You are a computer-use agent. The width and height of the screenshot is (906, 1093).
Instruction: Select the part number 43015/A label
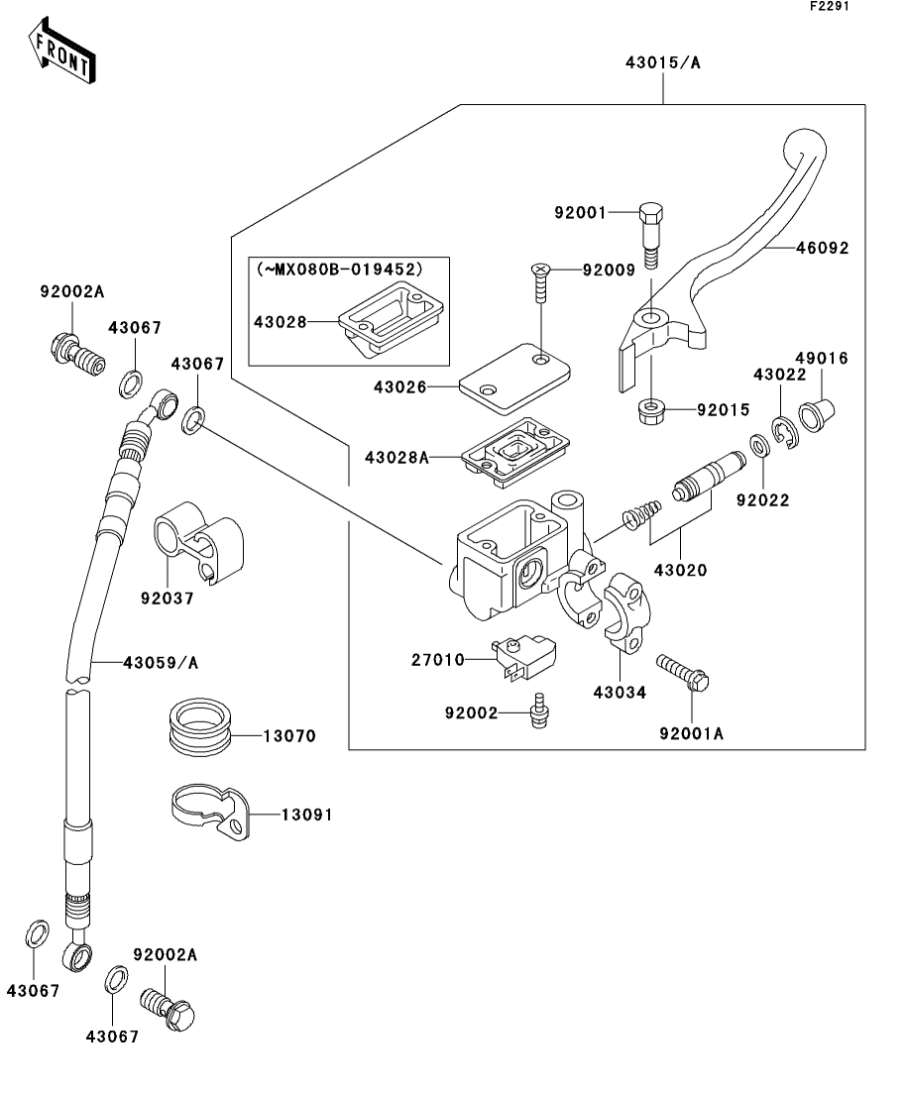point(663,62)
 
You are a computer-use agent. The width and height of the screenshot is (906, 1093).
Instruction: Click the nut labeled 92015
point(651,407)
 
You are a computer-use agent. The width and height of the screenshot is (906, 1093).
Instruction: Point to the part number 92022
point(762,501)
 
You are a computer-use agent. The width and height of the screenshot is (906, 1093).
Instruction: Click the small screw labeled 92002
point(540,710)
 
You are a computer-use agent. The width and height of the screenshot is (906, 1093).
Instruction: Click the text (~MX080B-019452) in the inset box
point(339,269)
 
